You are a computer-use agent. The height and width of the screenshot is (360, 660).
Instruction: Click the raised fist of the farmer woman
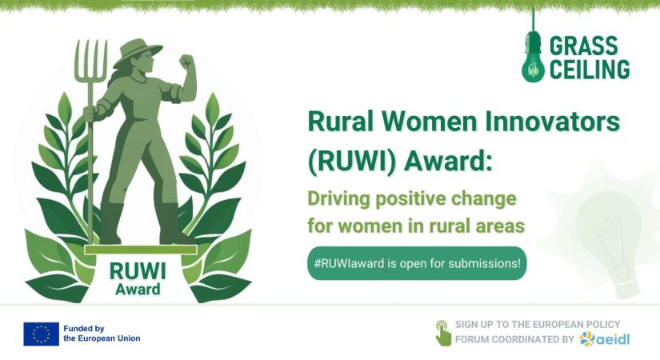(x=186, y=62)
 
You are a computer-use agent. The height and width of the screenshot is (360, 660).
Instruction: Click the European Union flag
(x=42, y=334)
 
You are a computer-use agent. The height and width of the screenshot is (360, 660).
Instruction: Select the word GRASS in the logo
(x=583, y=45)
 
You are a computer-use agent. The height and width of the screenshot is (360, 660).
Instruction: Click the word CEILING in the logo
(x=590, y=69)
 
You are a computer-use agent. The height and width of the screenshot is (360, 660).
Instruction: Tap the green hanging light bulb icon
(x=533, y=57)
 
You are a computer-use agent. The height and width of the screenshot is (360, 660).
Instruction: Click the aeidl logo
(x=605, y=339)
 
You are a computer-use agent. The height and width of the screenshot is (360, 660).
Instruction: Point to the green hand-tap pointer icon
(x=443, y=333)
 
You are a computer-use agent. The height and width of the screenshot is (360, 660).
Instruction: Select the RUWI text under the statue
(x=138, y=271)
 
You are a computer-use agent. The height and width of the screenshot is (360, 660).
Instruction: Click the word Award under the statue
(x=138, y=290)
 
